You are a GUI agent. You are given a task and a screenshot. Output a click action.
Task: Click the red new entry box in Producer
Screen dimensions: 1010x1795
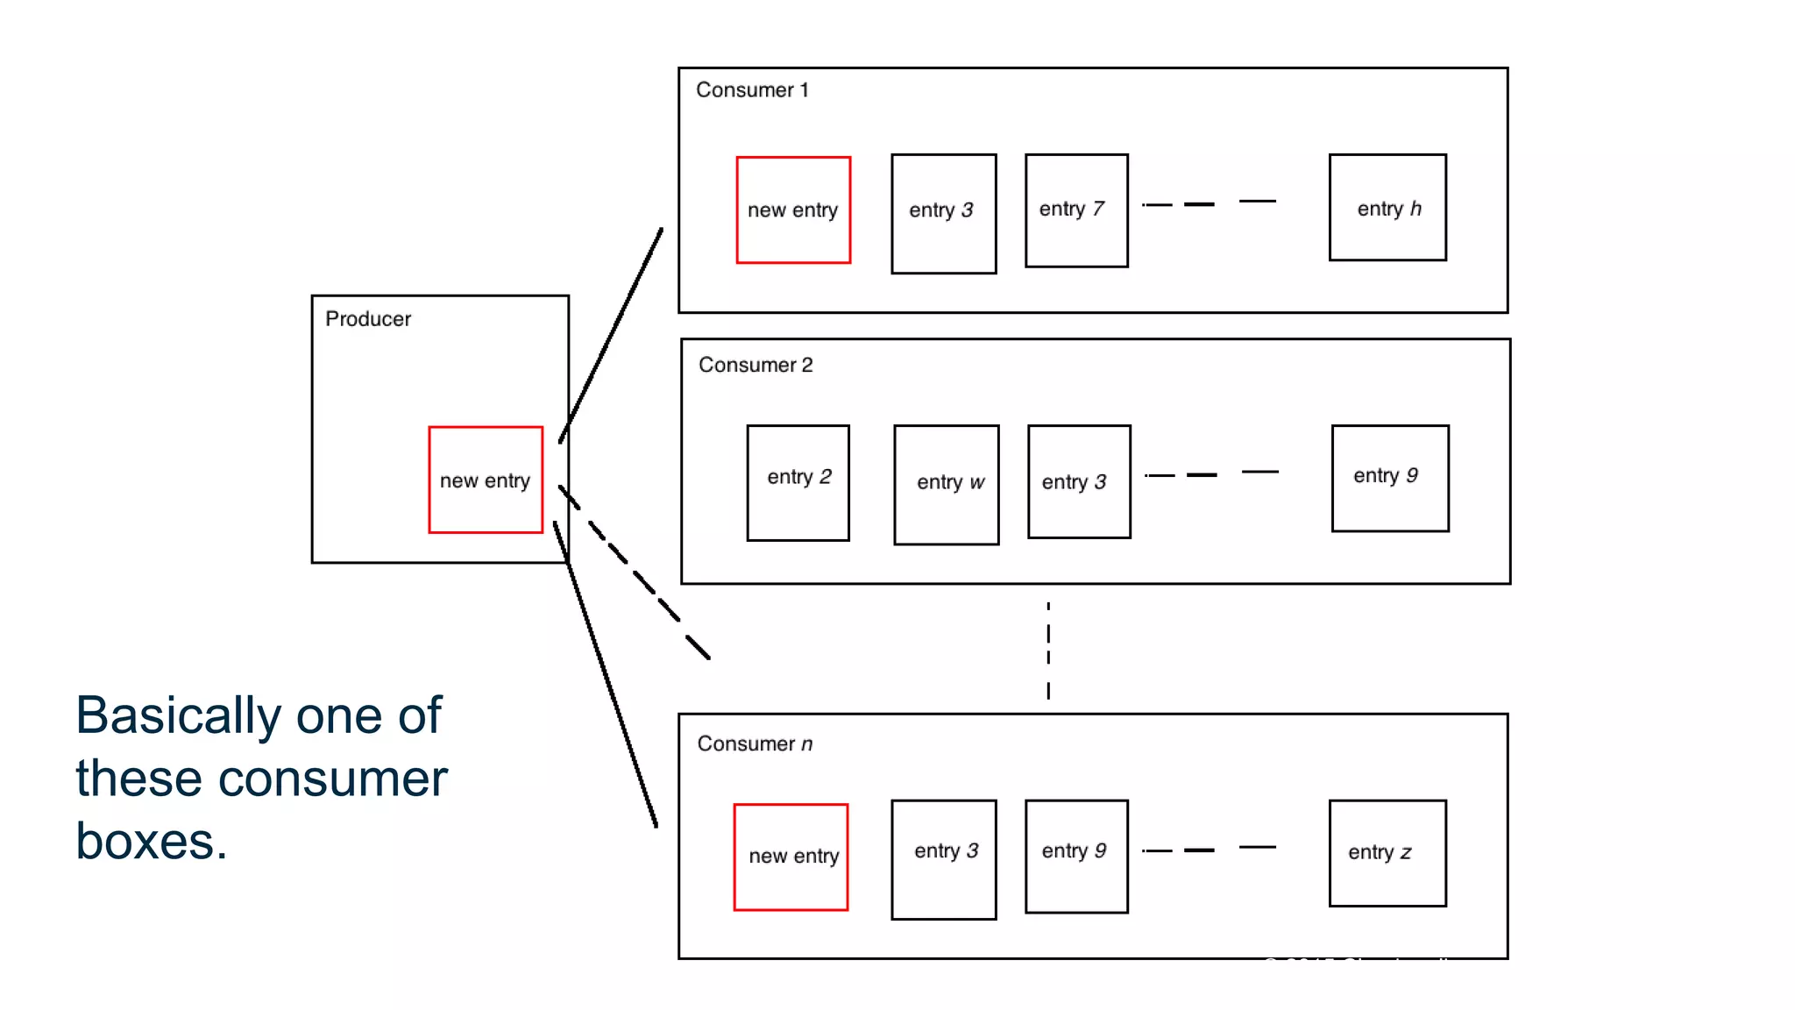[x=485, y=480]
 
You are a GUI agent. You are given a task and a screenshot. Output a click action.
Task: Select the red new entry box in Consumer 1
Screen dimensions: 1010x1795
[x=792, y=210]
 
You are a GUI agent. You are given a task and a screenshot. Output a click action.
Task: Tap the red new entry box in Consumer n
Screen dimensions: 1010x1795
[x=791, y=857]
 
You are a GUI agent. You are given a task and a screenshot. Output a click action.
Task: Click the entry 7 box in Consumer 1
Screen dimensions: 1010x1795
[x=1075, y=210]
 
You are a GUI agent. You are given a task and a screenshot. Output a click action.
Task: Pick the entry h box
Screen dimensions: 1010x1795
[x=1387, y=208]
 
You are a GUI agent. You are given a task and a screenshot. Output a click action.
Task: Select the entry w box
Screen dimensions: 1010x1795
[x=946, y=485]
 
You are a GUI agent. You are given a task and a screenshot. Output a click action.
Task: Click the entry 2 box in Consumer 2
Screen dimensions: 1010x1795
[x=798, y=482]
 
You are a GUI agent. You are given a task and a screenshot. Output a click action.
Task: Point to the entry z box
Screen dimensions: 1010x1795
[x=1387, y=852]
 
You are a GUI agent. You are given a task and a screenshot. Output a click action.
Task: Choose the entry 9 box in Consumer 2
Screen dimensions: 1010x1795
[x=1389, y=478]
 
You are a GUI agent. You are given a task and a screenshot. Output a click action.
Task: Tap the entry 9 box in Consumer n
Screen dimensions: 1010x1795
[x=1075, y=856]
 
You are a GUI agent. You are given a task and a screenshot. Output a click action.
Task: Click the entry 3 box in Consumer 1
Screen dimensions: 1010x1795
[x=943, y=213]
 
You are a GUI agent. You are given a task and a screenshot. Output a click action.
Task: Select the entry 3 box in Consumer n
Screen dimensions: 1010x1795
[x=943, y=858]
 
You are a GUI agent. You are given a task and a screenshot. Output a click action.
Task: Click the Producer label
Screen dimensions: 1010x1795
[x=367, y=319]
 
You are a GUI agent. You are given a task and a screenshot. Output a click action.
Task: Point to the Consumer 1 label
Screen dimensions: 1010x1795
[x=752, y=90]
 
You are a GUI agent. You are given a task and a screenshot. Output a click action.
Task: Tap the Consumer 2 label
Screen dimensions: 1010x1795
[x=756, y=365]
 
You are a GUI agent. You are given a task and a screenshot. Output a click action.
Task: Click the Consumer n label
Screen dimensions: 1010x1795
[x=755, y=743]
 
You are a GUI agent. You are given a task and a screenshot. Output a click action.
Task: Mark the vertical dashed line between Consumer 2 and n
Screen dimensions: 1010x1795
[x=1047, y=651]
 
